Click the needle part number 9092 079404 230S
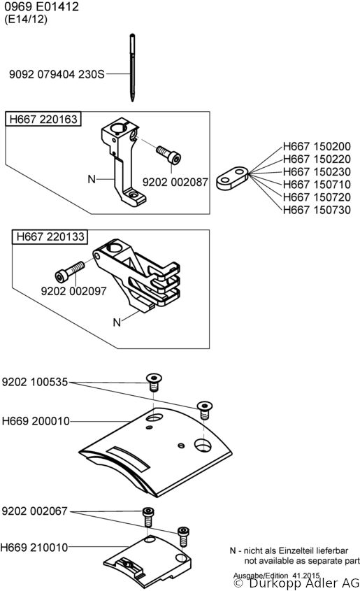(57, 74)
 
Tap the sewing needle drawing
(132, 68)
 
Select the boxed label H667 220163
(43, 119)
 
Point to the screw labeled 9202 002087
(168, 155)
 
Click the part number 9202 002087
(175, 182)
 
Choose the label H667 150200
(317, 146)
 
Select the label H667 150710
(317, 185)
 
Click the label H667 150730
(317, 210)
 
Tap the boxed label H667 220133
(50, 236)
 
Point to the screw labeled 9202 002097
(70, 271)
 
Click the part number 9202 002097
(74, 291)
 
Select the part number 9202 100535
(35, 382)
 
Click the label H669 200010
(36, 421)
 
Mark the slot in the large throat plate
(128, 458)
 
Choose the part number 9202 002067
(35, 511)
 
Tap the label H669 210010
(34, 547)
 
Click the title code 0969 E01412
(41, 7)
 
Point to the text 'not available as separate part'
(302, 561)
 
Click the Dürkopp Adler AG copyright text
(296, 583)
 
